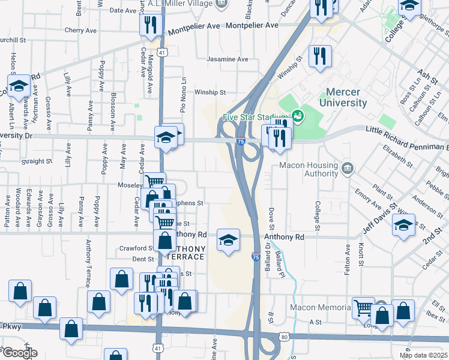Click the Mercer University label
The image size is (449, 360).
point(346,97)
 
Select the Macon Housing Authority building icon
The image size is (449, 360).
point(347,167)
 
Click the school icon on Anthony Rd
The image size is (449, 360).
point(228,241)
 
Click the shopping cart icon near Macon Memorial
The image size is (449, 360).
point(363,308)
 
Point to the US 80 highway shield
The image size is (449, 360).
point(283,337)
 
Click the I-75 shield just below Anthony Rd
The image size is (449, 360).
point(256,256)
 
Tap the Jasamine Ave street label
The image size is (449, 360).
point(227,59)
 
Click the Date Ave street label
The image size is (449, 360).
point(123,10)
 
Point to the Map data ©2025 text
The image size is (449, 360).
point(424,355)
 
